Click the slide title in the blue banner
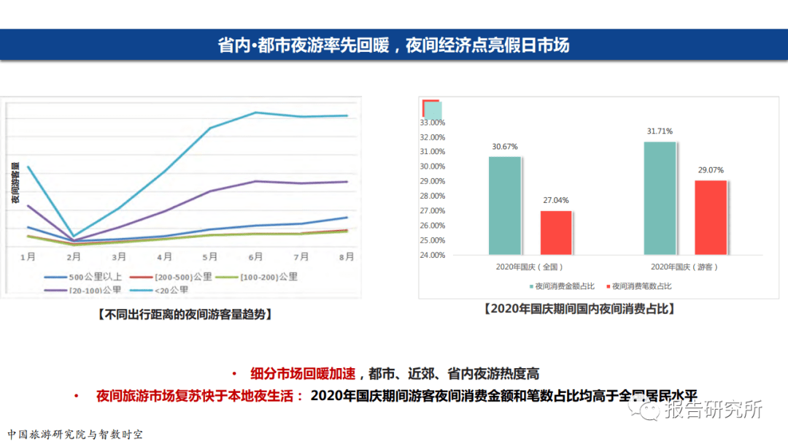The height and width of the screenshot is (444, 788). (x=394, y=45)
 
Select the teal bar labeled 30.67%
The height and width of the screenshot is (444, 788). (x=505, y=205)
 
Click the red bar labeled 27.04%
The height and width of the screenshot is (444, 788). (x=556, y=232)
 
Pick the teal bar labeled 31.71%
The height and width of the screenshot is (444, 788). (x=660, y=198)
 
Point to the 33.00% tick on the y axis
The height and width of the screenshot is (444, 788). (x=432, y=123)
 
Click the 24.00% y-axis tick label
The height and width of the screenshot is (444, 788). (x=432, y=255)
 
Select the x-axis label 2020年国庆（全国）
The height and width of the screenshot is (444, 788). (x=530, y=267)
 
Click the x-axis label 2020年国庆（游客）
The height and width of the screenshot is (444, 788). (x=685, y=267)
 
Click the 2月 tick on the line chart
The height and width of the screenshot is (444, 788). (x=73, y=257)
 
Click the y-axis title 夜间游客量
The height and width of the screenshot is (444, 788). (x=15, y=183)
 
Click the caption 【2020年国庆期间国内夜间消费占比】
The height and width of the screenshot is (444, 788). (x=579, y=309)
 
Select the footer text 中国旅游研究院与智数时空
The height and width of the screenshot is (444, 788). (x=75, y=434)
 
